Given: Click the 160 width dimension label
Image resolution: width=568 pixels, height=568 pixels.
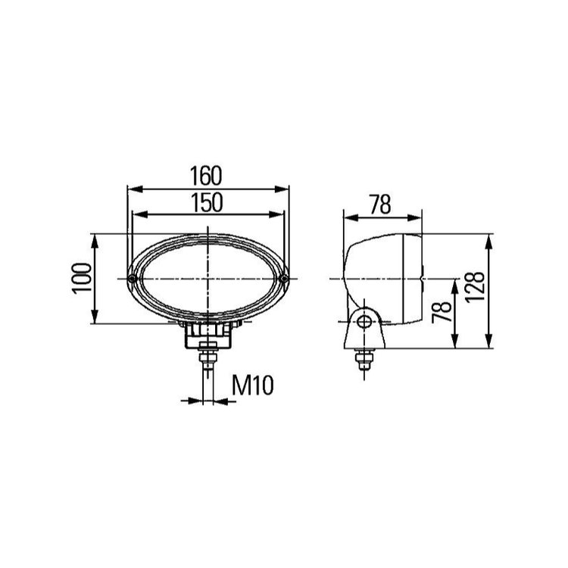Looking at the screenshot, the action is (205, 176).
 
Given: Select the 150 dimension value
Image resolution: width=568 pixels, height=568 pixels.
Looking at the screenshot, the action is (207, 202).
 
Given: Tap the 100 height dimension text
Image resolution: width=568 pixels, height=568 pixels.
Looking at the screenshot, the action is (82, 279).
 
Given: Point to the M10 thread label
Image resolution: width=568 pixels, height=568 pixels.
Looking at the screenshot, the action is (252, 385).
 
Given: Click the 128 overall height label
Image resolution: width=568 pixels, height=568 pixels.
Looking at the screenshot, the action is (475, 286).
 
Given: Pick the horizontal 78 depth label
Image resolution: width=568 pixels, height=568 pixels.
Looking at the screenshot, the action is (380, 204).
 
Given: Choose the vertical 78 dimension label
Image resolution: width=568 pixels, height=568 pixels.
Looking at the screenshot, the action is (442, 311).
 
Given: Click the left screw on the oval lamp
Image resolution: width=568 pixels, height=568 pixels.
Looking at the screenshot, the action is (133, 279).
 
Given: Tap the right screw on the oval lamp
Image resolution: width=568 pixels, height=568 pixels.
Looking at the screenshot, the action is (284, 279).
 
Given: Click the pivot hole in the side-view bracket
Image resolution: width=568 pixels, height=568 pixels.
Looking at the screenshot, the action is (364, 321).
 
